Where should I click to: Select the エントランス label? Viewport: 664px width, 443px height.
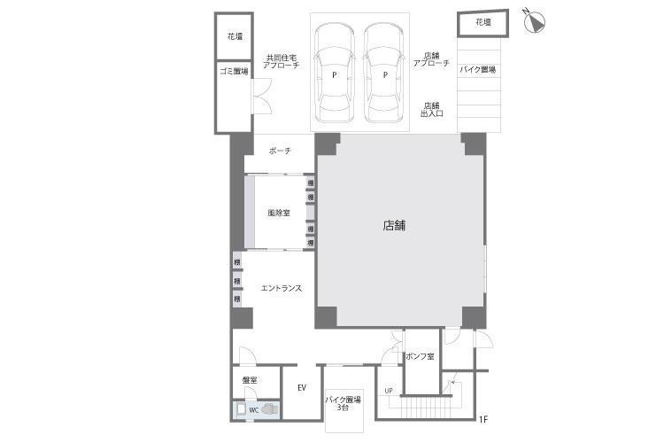[282, 288]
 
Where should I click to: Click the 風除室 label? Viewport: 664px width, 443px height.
[279, 214]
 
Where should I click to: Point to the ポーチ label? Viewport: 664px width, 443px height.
[280, 151]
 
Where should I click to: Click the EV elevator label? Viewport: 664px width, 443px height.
[302, 388]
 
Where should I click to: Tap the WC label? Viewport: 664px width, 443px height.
[252, 409]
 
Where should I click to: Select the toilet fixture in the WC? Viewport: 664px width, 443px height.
[268, 409]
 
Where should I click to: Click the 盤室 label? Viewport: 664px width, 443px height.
[250, 381]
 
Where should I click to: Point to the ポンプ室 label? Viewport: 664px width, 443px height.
[419, 356]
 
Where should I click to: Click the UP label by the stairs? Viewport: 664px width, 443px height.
[389, 391]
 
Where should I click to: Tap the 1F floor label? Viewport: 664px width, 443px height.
[483, 419]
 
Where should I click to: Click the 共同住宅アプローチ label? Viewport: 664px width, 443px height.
[281, 62]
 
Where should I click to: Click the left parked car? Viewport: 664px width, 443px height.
[335, 74]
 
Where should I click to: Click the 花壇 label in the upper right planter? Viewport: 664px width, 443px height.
[482, 22]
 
